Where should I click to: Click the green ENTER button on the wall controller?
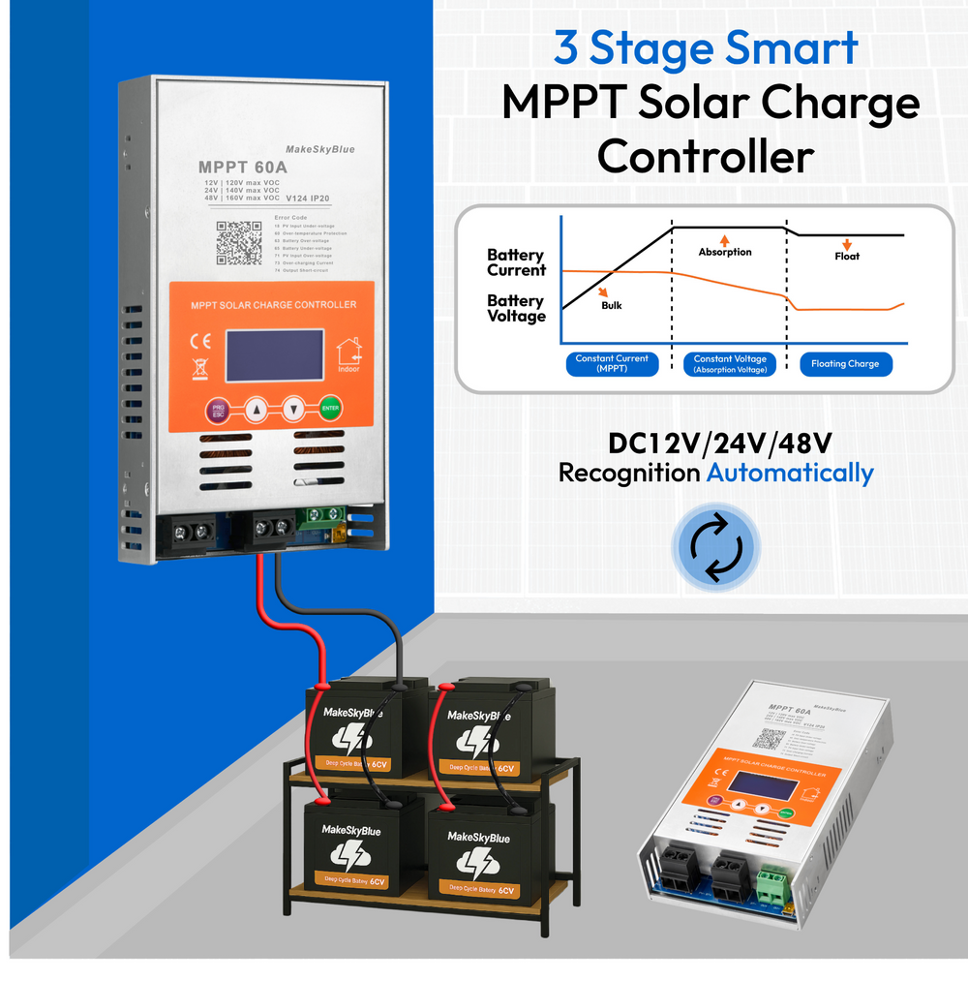pyautogui.click(x=331, y=410)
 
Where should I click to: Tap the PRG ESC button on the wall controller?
pyautogui.click(x=218, y=411)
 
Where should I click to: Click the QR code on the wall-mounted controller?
pyautogui.click(x=238, y=243)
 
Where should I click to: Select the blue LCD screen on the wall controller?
pyautogui.click(x=274, y=355)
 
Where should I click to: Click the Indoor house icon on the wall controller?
pyautogui.click(x=349, y=355)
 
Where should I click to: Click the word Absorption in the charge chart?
pyautogui.click(x=725, y=252)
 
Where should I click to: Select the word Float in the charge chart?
pyautogui.click(x=847, y=256)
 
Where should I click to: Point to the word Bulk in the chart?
pyautogui.click(x=611, y=305)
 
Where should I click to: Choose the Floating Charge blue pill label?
pyautogui.click(x=845, y=364)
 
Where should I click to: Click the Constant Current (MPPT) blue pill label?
pyautogui.click(x=612, y=364)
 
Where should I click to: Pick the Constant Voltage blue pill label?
pyautogui.click(x=730, y=364)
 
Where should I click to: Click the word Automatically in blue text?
pyautogui.click(x=790, y=473)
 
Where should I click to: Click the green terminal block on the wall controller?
pyautogui.click(x=323, y=518)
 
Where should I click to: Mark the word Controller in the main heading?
pyautogui.click(x=706, y=155)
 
